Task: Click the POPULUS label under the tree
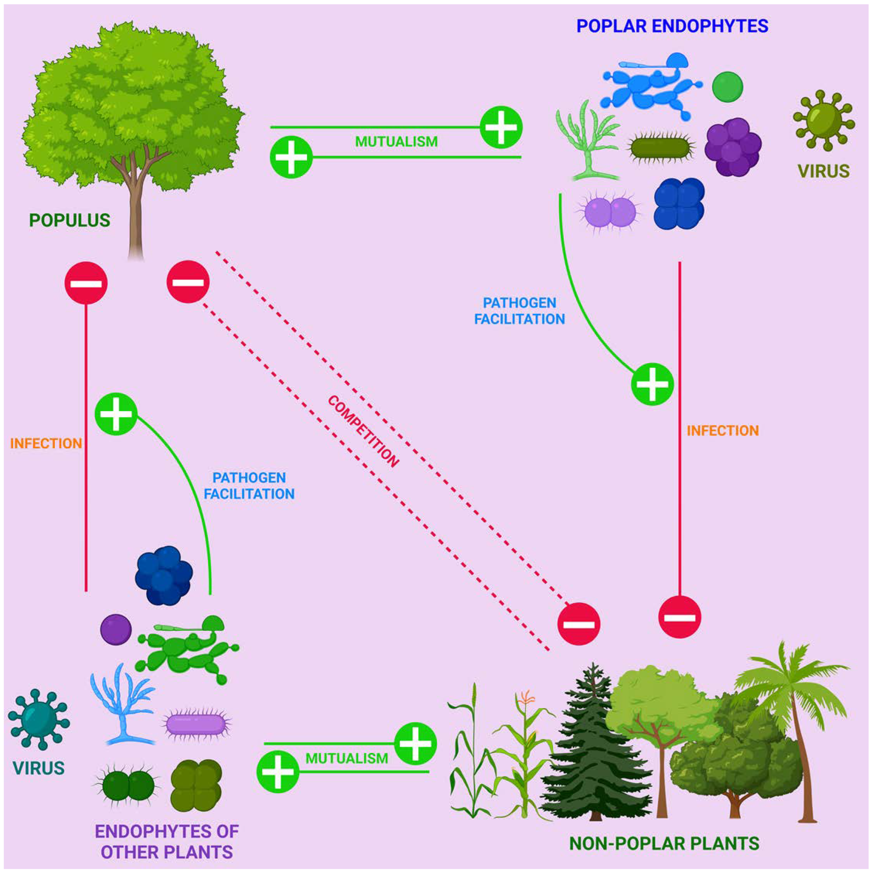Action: tap(70, 220)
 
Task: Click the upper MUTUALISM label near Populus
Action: tap(396, 142)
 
